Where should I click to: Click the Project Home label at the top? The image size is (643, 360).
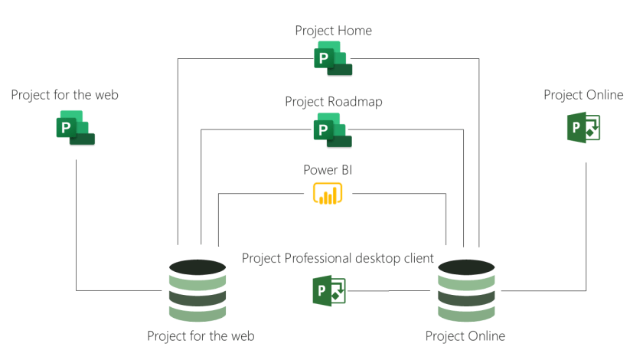coord(333,31)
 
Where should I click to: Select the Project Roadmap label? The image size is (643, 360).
coord(333,102)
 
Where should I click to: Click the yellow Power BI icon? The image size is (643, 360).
coord(327,194)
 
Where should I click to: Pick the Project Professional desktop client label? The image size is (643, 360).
coord(338,258)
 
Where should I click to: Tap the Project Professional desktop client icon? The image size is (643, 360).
coord(330,292)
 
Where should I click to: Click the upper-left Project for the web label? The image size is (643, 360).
coord(65,95)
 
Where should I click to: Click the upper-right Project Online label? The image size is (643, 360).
coord(583,95)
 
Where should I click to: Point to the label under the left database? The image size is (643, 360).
coord(201,335)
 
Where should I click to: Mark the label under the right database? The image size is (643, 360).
coord(465,335)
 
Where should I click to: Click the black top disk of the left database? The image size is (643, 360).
coord(197,268)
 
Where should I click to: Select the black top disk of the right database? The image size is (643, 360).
coord(465,268)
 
